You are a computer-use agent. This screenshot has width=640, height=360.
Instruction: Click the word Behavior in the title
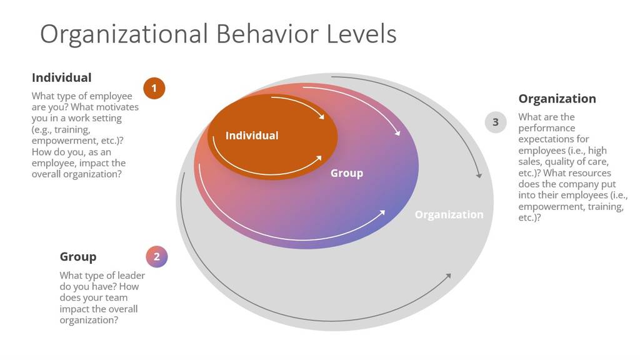pyautogui.click(x=267, y=34)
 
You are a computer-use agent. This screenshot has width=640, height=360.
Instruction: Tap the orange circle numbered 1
pyautogui.click(x=154, y=88)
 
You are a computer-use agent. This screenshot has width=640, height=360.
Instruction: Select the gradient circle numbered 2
pyautogui.click(x=157, y=257)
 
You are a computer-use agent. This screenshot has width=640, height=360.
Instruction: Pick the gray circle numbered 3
pyautogui.click(x=496, y=122)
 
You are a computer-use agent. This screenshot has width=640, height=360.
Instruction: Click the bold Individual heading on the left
pyautogui.click(x=62, y=77)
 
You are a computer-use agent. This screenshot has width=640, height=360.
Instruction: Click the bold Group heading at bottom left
pyautogui.click(x=78, y=257)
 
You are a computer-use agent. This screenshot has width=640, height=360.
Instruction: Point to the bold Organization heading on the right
pyautogui.click(x=557, y=99)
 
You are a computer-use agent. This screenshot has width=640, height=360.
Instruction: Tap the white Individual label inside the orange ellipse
pyautogui.click(x=252, y=136)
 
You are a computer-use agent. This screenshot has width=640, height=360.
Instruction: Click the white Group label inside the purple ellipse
pyautogui.click(x=346, y=173)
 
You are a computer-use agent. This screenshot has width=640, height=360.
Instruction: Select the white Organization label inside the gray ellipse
pyautogui.click(x=449, y=215)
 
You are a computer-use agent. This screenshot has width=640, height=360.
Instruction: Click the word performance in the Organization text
pyautogui.click(x=546, y=128)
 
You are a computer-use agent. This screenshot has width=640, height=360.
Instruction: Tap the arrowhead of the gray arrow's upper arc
pyautogui.click(x=479, y=176)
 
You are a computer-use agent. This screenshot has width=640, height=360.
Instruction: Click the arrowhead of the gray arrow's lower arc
pyautogui.click(x=449, y=276)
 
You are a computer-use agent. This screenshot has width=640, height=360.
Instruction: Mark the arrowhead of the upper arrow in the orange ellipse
pyautogui.click(x=322, y=117)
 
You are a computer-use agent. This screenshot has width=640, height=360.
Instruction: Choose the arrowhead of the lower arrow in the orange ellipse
pyautogui.click(x=319, y=158)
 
